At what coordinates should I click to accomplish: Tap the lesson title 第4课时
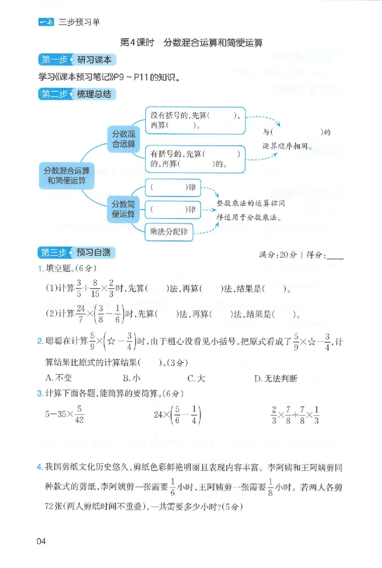point(136,42)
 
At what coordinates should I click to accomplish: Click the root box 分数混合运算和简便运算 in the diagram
point(66,175)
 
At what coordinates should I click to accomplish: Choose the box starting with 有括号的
point(195,159)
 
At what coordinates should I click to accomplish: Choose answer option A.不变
point(58,378)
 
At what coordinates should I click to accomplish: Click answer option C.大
point(196,378)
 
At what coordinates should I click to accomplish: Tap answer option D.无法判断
point(276,378)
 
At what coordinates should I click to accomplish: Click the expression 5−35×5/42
point(65,414)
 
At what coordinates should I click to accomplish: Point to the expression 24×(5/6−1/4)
point(178,414)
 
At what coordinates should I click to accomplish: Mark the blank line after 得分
point(334,257)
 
